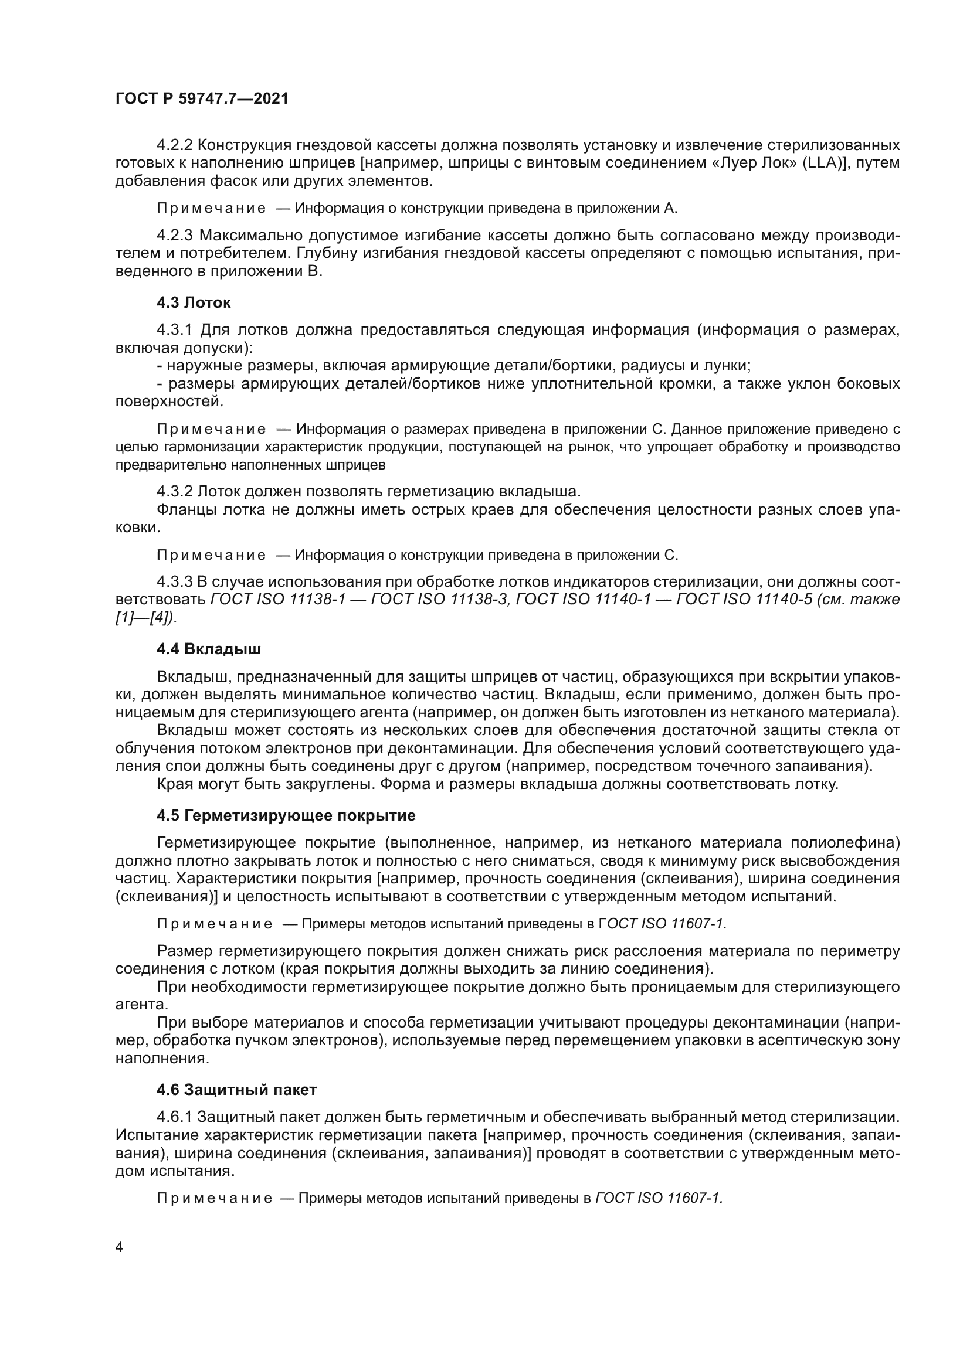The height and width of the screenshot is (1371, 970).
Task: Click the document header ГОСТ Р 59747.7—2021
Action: pyautogui.click(x=201, y=98)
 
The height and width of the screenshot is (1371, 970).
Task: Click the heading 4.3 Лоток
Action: pyautogui.click(x=194, y=302)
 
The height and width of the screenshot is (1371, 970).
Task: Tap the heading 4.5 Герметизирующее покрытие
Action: pyautogui.click(x=286, y=816)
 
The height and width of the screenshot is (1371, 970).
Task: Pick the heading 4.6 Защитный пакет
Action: pyautogui.click(x=236, y=1090)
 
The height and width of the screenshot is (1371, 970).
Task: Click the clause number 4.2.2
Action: pyautogui.click(x=174, y=145)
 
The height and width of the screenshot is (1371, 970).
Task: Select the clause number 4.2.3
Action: pyautogui.click(x=174, y=235)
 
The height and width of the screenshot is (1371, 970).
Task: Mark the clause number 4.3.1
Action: pyautogui.click(x=174, y=329)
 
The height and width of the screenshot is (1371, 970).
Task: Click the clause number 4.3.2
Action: pyautogui.click(x=174, y=492)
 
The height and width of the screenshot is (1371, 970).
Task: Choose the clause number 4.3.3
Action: pyautogui.click(x=174, y=582)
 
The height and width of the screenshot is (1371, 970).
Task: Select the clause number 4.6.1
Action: pyautogui.click(x=174, y=1117)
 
